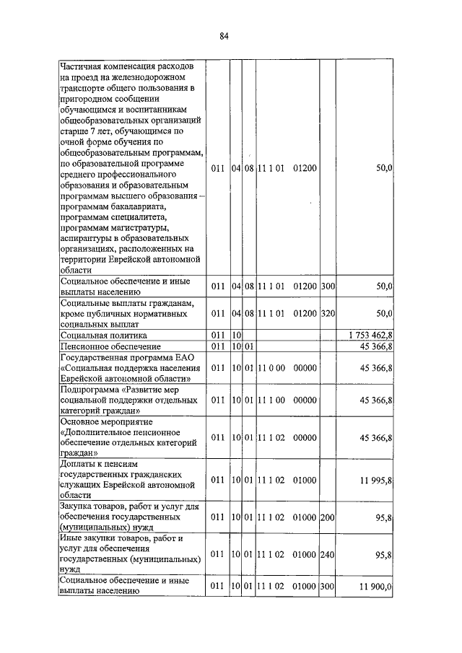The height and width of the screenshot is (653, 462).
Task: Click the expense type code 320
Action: (328, 312)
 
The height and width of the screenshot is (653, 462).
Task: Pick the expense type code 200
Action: (328, 517)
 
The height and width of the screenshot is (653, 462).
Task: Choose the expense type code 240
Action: (328, 554)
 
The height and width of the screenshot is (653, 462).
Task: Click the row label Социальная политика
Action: (104, 336)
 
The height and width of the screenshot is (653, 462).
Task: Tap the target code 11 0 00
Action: (271, 368)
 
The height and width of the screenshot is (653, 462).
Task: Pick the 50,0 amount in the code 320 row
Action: (384, 312)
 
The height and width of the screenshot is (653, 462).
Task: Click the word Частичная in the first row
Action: (84, 65)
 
